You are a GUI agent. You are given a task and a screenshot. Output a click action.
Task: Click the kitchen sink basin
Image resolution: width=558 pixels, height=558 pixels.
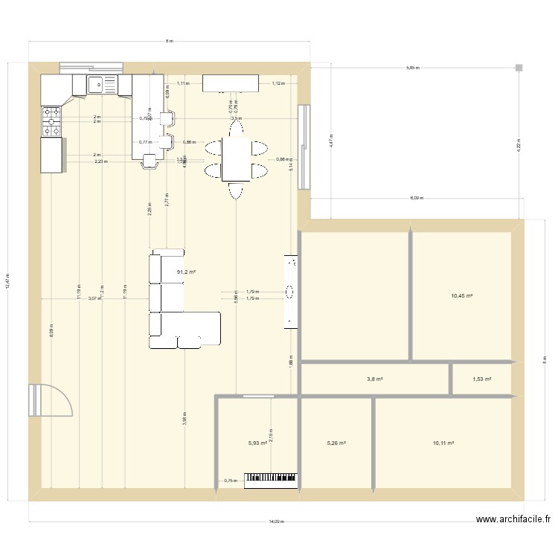point(97,85)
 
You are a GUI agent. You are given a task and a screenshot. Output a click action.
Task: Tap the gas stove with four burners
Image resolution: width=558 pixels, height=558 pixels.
point(52,122)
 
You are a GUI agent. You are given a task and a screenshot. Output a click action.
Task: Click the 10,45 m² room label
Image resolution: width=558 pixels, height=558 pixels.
point(462,295)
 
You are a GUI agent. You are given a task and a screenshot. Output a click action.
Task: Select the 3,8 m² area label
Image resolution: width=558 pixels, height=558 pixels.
point(374,379)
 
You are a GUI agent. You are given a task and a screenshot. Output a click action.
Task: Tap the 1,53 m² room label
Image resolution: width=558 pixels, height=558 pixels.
point(481,379)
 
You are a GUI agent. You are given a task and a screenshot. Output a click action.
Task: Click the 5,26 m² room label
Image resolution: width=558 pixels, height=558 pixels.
point(336,443)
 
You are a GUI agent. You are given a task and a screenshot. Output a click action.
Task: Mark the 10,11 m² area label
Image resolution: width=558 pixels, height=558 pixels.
point(443,443)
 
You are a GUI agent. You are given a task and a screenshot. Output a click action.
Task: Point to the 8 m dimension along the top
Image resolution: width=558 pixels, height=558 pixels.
point(169,42)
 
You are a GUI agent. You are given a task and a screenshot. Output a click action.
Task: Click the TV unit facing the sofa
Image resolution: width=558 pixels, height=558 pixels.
point(291,291)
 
